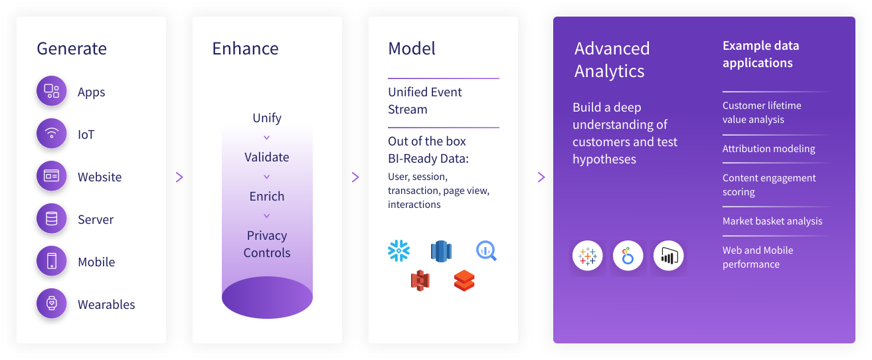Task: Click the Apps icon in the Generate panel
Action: (x=51, y=91)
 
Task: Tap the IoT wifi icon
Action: (x=51, y=134)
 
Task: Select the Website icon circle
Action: (x=51, y=176)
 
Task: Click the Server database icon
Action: (x=51, y=219)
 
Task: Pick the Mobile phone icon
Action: (x=51, y=261)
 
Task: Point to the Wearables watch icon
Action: (x=51, y=303)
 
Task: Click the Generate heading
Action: (x=72, y=48)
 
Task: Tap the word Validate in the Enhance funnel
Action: (x=267, y=157)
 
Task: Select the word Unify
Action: (x=267, y=118)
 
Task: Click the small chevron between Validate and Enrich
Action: (x=267, y=177)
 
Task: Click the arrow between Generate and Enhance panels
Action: (x=179, y=177)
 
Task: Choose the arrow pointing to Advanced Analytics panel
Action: (x=541, y=177)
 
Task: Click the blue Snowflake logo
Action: (x=398, y=250)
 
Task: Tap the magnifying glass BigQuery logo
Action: (x=486, y=251)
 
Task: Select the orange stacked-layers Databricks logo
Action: (x=464, y=281)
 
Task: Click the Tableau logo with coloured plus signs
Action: (x=588, y=256)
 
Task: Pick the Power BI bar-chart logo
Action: (x=668, y=256)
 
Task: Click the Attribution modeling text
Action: (x=768, y=149)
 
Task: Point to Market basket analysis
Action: (x=772, y=221)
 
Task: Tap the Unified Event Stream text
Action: (x=425, y=101)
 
